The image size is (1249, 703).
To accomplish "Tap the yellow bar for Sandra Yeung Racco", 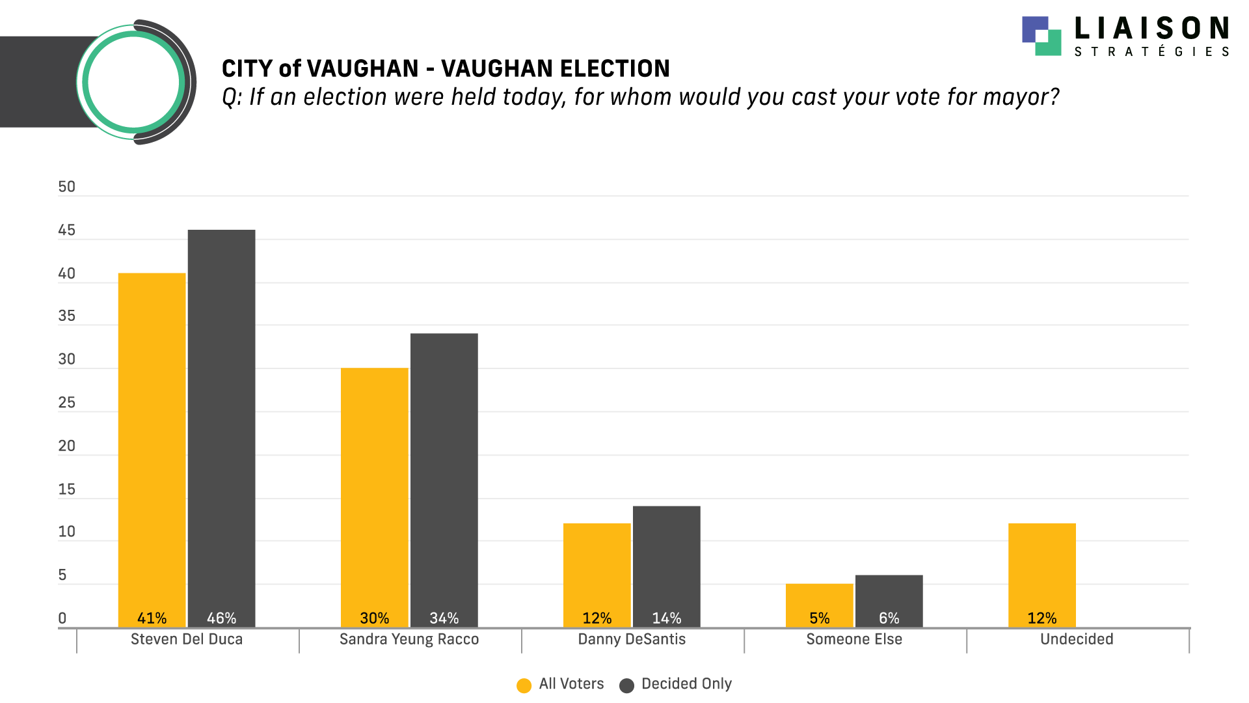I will pyautogui.click(x=374, y=488).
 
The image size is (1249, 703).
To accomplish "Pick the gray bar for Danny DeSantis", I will pyautogui.click(x=666, y=560).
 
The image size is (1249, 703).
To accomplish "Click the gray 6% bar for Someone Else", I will pyautogui.click(x=889, y=596).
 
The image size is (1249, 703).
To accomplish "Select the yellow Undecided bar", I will pyautogui.click(x=1041, y=566).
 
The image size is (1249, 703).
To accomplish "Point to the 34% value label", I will pyautogui.click(x=444, y=618).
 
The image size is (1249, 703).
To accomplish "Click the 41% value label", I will pyautogui.click(x=152, y=618).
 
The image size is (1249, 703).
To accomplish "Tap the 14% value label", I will pyautogui.click(x=666, y=618).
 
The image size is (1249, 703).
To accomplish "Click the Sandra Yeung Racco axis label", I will pyautogui.click(x=409, y=639).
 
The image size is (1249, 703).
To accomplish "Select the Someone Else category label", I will pyautogui.click(x=853, y=639).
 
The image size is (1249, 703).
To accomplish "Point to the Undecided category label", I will pyautogui.click(x=1076, y=639).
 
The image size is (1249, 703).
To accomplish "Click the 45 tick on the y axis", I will pyautogui.click(x=66, y=230).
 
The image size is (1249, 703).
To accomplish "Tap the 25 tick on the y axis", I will pyautogui.click(x=66, y=403).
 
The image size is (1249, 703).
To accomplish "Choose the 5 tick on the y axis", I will pyautogui.click(x=62, y=575).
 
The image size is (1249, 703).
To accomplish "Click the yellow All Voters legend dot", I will pyautogui.click(x=524, y=685).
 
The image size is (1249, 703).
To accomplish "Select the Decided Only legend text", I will pyautogui.click(x=686, y=683).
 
